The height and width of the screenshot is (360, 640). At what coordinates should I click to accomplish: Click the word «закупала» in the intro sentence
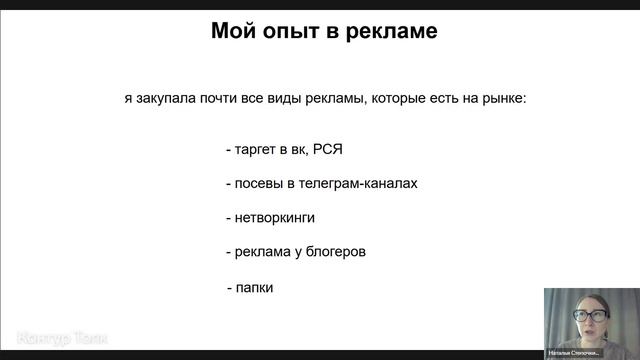click(x=162, y=99)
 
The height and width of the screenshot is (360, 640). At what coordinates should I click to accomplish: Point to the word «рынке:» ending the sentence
click(x=506, y=99)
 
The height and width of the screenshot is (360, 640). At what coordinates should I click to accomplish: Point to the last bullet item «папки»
click(x=255, y=288)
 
